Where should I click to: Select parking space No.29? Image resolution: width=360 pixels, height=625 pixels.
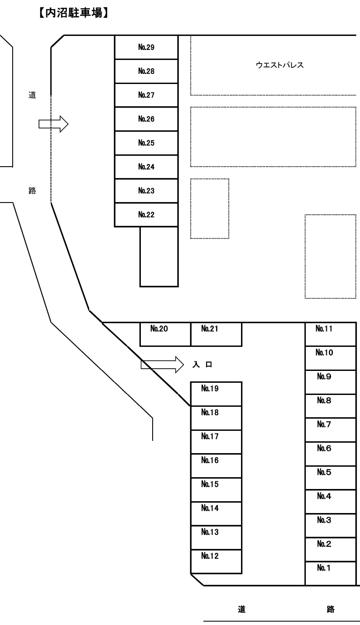146,47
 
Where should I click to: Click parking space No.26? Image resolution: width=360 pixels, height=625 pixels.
146,119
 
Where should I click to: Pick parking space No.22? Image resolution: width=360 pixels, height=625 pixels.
146,215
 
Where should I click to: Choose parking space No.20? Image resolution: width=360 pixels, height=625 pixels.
165,334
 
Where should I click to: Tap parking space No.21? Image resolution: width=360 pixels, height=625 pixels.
216,334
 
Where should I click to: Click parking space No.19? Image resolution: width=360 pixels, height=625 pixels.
216,394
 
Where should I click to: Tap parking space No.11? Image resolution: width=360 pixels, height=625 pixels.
330,334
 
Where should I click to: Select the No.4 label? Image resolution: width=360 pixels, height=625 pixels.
324,496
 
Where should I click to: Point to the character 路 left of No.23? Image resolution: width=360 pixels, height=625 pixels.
32,191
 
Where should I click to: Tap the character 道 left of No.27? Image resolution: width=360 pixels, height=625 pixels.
32,94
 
